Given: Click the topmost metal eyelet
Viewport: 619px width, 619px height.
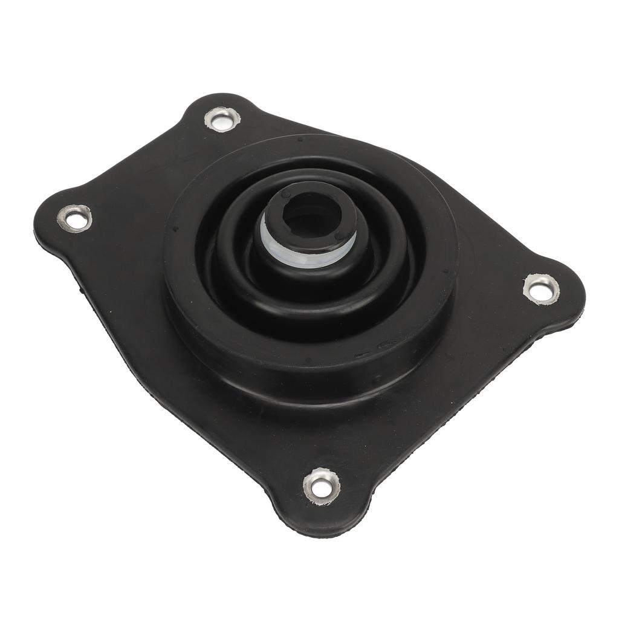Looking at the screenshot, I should [222, 118].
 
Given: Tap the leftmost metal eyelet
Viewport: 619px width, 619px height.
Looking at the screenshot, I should [75, 218].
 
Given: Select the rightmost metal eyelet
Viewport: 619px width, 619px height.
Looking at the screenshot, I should [541, 288].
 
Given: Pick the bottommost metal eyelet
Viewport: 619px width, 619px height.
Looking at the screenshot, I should [321, 485].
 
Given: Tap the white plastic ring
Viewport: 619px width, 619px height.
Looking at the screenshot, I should [308, 254].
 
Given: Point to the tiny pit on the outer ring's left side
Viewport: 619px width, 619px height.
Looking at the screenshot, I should [175, 230].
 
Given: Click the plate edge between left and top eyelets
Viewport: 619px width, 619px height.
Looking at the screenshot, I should [133, 157].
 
